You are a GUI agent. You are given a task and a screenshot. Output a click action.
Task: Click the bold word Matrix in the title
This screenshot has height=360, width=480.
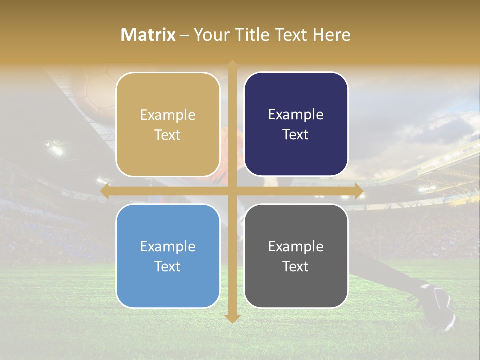(148, 35)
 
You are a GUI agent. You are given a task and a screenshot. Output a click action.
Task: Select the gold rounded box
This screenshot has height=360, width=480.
(168, 124)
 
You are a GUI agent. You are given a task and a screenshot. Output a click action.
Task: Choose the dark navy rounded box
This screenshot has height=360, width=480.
(296, 124)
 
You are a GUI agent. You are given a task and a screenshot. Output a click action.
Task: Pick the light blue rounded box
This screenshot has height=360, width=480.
(168, 256)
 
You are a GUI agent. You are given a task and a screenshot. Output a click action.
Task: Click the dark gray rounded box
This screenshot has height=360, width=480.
(296, 256)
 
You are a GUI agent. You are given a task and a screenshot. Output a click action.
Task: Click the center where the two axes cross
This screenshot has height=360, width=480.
(232, 191)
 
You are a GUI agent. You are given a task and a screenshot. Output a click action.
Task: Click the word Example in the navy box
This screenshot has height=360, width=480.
(296, 115)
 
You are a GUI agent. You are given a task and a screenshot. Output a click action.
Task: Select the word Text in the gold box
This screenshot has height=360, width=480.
(168, 135)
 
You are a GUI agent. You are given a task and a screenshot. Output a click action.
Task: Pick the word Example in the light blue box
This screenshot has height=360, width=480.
(168, 246)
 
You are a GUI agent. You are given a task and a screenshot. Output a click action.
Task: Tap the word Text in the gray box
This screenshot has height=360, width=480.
(296, 267)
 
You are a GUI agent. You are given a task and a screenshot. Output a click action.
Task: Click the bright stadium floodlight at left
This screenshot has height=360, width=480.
(56, 148)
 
